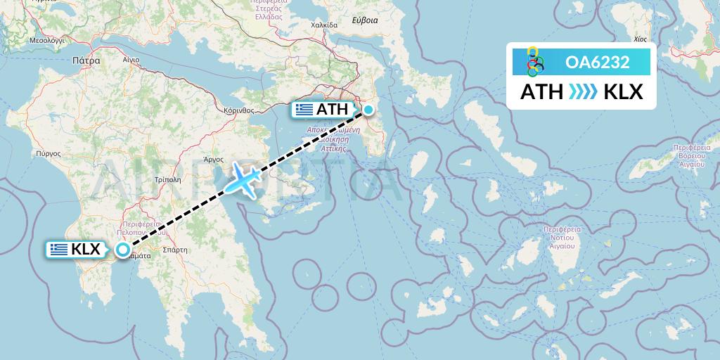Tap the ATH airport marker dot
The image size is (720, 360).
(x=369, y=109)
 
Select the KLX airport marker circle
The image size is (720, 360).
(x=123, y=249)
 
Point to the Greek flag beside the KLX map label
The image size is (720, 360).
(x=59, y=249)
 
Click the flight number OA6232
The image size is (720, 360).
(x=597, y=63)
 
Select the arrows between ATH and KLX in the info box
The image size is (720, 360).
(x=583, y=92)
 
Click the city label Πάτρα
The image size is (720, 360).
(x=86, y=61)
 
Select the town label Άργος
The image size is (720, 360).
(x=214, y=160)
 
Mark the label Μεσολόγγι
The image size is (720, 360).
(x=46, y=41)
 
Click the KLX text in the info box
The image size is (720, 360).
(x=623, y=92)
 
